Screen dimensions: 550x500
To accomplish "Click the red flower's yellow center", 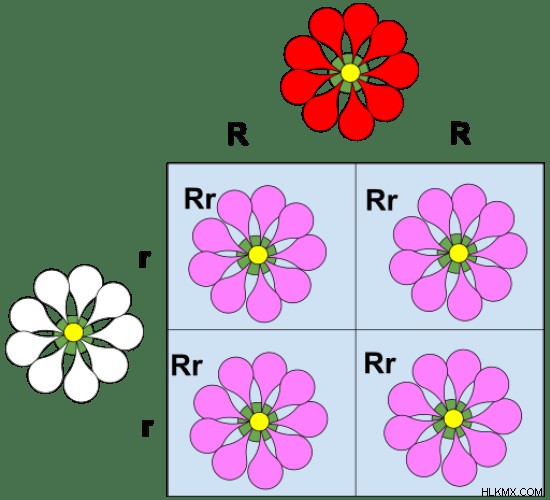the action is tap(350, 73).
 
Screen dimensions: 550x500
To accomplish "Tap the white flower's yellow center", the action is tap(74, 332).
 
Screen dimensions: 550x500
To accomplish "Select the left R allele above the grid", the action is tap(238, 134).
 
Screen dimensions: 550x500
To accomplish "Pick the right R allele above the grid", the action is tap(460, 133).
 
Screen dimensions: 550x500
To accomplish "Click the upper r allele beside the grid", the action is tap(144, 259).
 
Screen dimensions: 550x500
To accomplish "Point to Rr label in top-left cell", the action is tap(200, 199).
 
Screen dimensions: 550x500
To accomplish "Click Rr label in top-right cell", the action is tap(381, 200).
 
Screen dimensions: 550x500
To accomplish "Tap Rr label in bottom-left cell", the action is tap(187, 365).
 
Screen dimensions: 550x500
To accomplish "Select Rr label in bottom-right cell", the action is tap(380, 363).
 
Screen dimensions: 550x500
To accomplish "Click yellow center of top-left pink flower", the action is tap(258, 255).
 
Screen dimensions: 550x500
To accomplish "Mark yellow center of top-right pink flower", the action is tap(459, 253).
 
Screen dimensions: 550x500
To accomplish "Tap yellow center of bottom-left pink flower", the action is tap(259, 421).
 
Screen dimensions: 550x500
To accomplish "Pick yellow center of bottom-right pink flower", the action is tap(454, 419).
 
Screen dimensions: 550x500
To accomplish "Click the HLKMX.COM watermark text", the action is tap(512, 492).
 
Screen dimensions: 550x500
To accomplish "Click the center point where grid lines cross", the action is tap(356, 329).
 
